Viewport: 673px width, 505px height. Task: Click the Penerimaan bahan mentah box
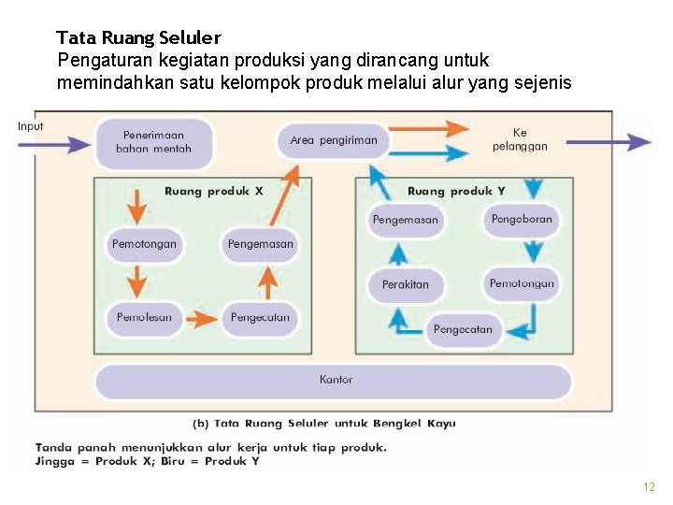click(x=153, y=141)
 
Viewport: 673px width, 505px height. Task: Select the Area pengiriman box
click(x=334, y=140)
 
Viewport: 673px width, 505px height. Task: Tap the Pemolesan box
click(x=145, y=318)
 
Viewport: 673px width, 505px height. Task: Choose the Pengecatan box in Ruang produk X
click(x=260, y=318)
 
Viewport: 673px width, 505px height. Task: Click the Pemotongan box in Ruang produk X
click(x=144, y=245)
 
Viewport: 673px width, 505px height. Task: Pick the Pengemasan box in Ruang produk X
click(x=260, y=245)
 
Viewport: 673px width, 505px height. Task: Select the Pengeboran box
click(x=522, y=220)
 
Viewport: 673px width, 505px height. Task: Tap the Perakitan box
click(x=406, y=284)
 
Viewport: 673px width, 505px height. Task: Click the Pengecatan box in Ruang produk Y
click(x=463, y=330)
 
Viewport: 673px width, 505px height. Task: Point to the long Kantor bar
click(x=335, y=381)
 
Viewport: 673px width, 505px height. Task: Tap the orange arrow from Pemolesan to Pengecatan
click(x=202, y=319)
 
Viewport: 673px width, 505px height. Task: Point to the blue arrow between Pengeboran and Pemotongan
click(x=533, y=251)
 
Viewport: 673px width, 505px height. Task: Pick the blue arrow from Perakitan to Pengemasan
click(x=398, y=252)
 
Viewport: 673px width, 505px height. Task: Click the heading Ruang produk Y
click(x=456, y=191)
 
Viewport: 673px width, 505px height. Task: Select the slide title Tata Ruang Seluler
click(x=138, y=38)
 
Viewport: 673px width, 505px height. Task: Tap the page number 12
click(x=649, y=487)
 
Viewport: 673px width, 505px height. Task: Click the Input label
click(x=30, y=126)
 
